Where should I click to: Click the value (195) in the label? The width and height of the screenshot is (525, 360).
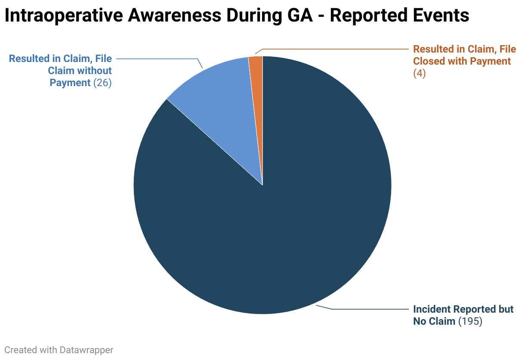point(470,321)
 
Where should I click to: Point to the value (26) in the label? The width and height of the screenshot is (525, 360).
point(102,83)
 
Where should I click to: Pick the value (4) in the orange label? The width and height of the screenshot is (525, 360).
point(419,74)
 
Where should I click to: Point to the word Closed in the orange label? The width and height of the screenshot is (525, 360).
point(429,62)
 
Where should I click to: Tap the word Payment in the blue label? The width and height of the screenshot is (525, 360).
point(70,83)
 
